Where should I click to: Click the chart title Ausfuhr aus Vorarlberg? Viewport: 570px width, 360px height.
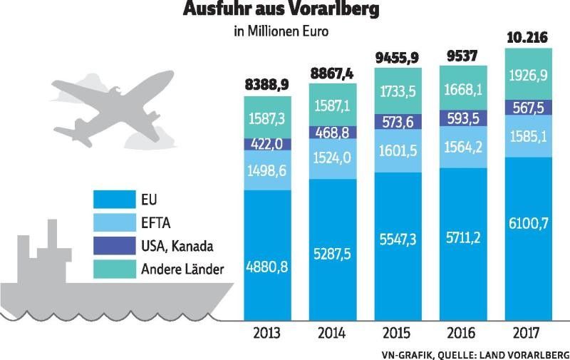coord(281,11)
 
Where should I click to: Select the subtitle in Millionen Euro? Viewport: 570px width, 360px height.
coord(281,32)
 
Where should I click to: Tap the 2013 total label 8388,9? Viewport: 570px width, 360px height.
coord(266,86)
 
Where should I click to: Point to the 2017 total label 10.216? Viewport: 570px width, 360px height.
coord(527,38)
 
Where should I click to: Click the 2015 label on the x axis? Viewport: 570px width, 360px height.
coord(397,333)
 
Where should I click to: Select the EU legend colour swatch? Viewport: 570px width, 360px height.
coord(115,199)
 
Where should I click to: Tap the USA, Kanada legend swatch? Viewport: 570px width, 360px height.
coord(115,246)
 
